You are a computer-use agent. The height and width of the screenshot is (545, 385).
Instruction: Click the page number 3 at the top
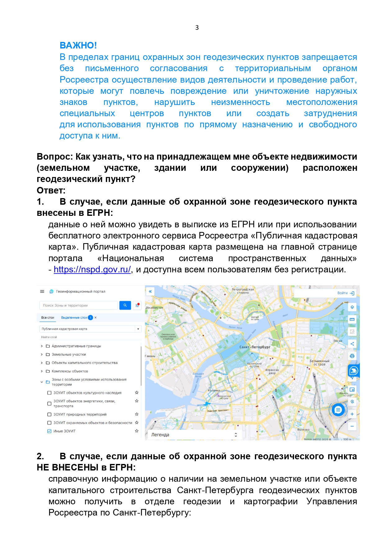point(197,28)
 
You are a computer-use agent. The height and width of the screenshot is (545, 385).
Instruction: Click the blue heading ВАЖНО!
point(78,45)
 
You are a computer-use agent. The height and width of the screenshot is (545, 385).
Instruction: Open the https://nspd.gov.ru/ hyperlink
point(92,269)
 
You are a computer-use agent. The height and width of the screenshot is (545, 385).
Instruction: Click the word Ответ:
point(51,190)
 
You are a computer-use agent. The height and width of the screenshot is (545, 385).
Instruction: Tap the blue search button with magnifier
point(125,305)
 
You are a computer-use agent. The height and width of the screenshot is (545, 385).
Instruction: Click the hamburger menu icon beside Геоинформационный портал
point(42,291)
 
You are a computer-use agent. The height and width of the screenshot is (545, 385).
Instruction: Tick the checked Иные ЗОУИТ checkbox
point(49,431)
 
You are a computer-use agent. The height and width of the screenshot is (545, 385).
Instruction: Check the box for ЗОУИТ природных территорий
point(49,414)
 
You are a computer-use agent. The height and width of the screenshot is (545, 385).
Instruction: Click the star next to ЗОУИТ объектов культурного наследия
point(137,393)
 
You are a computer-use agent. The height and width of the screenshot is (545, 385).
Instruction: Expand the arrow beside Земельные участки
point(42,354)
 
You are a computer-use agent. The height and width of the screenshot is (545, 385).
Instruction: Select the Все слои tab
point(48,317)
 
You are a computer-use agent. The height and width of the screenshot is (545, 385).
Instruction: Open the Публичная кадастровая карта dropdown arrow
point(138,329)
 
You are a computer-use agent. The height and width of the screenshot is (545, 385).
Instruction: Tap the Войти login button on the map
point(346,293)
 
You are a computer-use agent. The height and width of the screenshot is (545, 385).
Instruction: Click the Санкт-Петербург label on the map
point(255,347)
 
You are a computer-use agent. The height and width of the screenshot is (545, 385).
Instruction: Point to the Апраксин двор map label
point(272,371)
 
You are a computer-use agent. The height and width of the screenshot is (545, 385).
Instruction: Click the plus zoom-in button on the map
point(352,414)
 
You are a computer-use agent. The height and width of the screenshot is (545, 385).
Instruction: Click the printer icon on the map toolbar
point(352,356)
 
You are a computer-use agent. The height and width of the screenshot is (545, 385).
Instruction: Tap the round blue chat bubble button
point(338,410)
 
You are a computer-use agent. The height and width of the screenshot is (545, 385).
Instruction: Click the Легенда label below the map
point(160,435)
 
